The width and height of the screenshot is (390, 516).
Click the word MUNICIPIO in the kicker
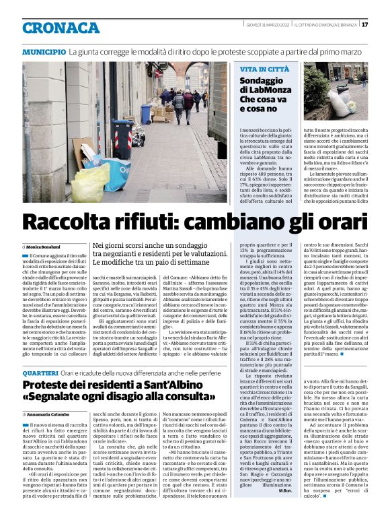click(x=44, y=52)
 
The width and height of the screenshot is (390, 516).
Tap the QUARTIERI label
click(x=40, y=373)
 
